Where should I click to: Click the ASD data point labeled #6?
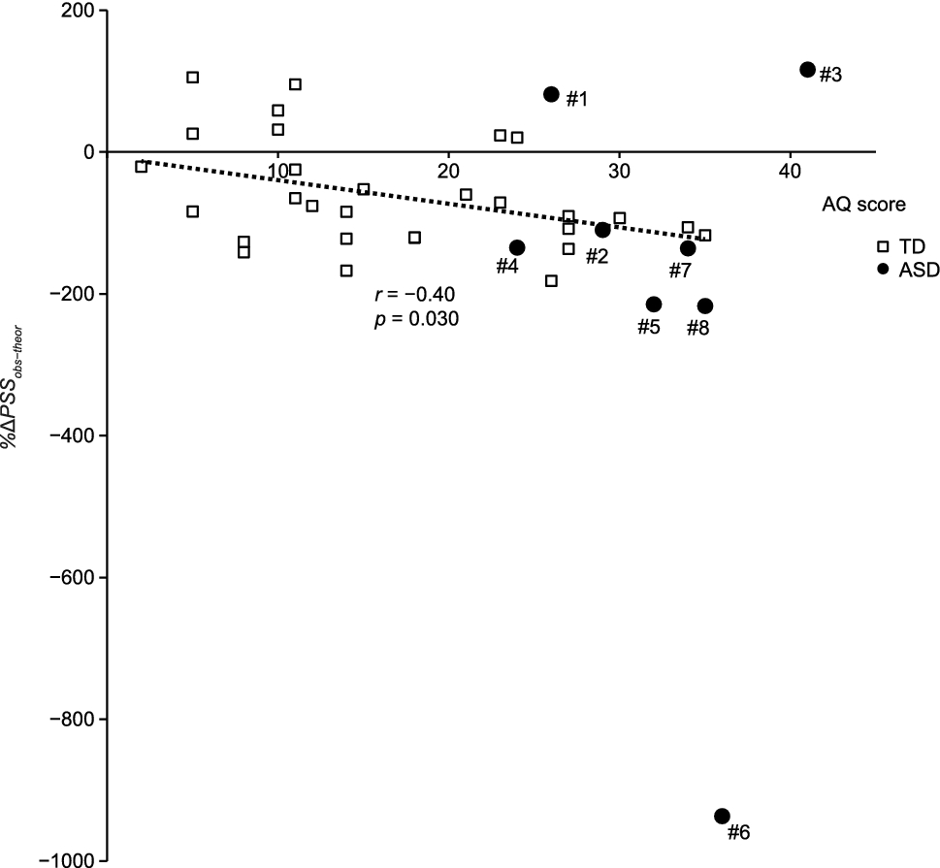click(722, 816)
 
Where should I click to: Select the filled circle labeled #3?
click(807, 70)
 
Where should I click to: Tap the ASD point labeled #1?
click(552, 94)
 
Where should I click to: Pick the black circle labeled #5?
click(654, 305)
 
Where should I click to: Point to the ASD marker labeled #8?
click(705, 305)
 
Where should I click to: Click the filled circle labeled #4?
click(517, 247)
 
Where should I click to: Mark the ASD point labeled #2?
click(602, 230)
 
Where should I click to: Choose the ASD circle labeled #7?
click(688, 248)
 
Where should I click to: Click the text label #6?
click(738, 833)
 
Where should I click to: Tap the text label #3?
click(830, 75)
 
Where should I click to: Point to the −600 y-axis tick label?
click(72, 577)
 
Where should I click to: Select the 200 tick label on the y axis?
click(81, 11)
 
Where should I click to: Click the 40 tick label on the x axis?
click(790, 172)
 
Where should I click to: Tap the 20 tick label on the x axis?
click(448, 172)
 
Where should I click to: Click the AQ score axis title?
click(863, 205)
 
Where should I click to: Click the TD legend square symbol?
click(883, 246)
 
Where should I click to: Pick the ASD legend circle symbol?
click(883, 270)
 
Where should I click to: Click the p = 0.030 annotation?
click(416, 319)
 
